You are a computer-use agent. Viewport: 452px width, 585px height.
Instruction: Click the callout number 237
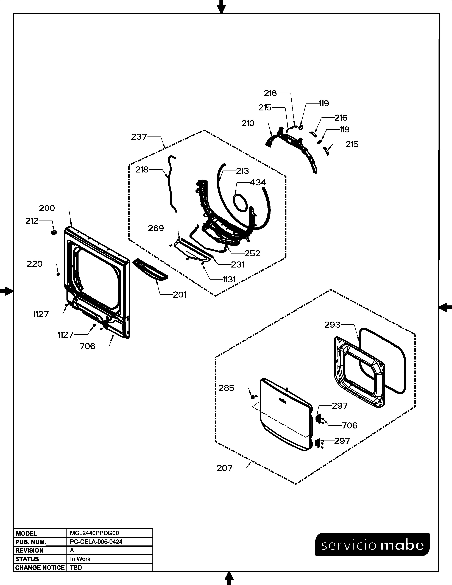[x=139, y=137]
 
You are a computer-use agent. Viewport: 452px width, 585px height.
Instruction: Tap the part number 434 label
[x=258, y=182]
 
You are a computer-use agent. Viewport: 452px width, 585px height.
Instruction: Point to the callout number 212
[x=32, y=221]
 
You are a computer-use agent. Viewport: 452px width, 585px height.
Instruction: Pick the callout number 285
[x=227, y=388]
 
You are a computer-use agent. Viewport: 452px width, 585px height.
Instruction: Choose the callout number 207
[x=224, y=468]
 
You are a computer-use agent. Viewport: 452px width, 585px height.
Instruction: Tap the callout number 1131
[x=229, y=280]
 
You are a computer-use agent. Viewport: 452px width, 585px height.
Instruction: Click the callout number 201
[x=179, y=295]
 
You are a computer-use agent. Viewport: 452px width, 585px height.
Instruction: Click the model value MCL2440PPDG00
[x=94, y=533]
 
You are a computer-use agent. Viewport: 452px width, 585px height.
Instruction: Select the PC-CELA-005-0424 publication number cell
[x=96, y=542]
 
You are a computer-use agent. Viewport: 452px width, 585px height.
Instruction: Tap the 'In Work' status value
[x=80, y=559]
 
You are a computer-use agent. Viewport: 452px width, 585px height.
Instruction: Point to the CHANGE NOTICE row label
[x=40, y=568]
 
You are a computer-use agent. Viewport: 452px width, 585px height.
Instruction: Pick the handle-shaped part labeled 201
[x=150, y=270]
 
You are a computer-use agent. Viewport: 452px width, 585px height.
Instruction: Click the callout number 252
[x=253, y=253]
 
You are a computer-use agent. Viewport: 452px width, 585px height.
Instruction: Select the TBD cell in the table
[x=76, y=568]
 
